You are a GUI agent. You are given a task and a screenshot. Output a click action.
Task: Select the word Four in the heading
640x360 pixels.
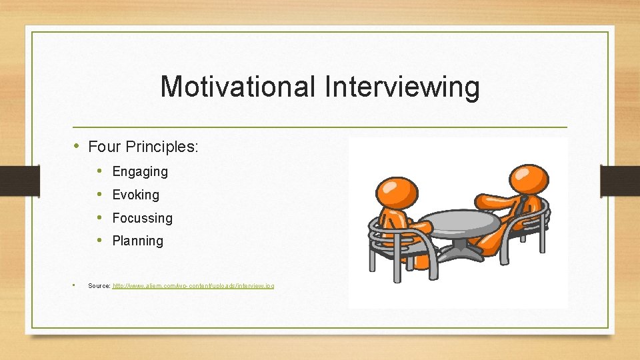[103, 147]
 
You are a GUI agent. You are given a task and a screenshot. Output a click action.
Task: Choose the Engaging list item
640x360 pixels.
[140, 172]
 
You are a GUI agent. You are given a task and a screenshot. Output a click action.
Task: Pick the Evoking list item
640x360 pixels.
[136, 195]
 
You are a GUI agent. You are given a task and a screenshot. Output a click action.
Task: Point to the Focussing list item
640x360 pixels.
[142, 219]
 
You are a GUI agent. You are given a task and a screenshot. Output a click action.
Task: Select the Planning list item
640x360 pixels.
[137, 241]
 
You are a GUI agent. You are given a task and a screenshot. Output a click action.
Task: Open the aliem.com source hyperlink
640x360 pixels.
[193, 286]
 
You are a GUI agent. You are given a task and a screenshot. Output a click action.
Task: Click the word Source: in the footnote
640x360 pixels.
[99, 286]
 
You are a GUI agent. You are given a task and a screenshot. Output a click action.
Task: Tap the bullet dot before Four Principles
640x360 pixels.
[78, 146]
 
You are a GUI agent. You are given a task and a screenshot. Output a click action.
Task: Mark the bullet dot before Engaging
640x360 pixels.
[99, 171]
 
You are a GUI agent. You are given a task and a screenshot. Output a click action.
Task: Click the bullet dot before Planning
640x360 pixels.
[99, 241]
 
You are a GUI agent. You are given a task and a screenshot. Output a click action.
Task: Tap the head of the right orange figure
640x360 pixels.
[529, 178]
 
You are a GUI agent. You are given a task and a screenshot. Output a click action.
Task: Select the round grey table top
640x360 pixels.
[460, 221]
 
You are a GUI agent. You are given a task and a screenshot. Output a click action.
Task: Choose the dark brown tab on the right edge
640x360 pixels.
[620, 181]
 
